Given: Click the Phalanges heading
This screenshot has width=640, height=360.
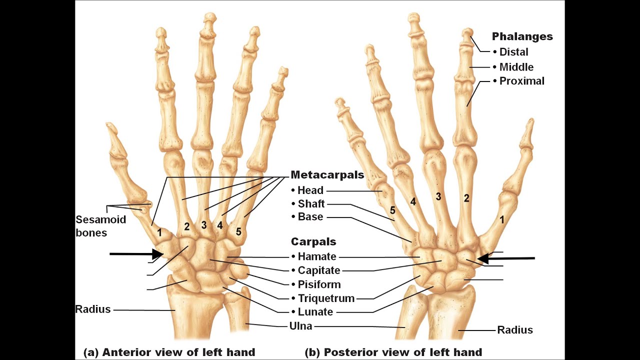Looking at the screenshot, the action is (x=522, y=36).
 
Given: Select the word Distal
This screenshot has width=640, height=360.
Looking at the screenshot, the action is (x=513, y=52).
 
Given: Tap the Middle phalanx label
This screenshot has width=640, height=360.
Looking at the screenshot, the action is (x=516, y=67).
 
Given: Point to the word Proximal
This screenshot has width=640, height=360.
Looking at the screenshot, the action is (x=522, y=81).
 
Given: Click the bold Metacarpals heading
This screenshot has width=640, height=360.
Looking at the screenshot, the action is (x=327, y=175).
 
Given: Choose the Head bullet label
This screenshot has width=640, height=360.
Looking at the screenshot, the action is (x=310, y=190).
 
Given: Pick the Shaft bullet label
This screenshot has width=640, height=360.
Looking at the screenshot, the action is (x=311, y=204).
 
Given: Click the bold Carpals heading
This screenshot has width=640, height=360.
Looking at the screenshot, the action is (x=313, y=242).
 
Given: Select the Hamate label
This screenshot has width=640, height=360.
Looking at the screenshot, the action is (x=317, y=257).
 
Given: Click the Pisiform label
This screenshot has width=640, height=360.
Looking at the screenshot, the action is (x=319, y=284).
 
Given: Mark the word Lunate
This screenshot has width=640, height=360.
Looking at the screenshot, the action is (x=315, y=312).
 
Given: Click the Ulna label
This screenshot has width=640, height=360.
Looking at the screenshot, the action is (x=301, y=326).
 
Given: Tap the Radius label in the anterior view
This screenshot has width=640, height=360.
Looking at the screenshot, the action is (x=93, y=309).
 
